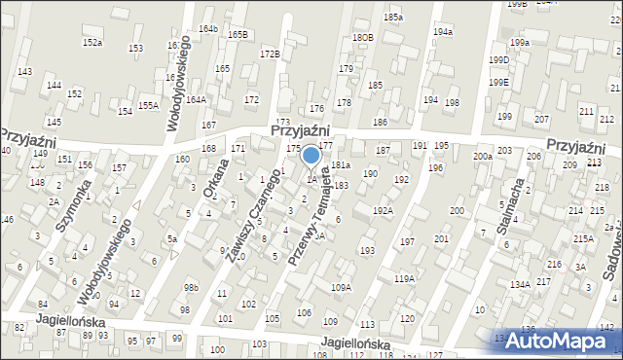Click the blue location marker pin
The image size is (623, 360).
coord(311,157)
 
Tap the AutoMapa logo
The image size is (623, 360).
coord(557,341)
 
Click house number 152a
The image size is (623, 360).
coord(92,43)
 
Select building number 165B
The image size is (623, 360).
coord(238,35)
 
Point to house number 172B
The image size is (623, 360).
coord(270,54)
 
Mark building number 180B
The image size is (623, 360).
coord(363,37)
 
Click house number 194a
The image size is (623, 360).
coord(443,32)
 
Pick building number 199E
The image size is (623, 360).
coord(499,82)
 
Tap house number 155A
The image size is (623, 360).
coord(148,105)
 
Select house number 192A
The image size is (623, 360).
coord(383,210)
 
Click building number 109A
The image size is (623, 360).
coord(341,287)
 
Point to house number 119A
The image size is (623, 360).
coord(404,279)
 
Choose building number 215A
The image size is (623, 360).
coord(583,238)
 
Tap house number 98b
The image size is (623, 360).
coord(192,287)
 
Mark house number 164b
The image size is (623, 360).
coord(207,29)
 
